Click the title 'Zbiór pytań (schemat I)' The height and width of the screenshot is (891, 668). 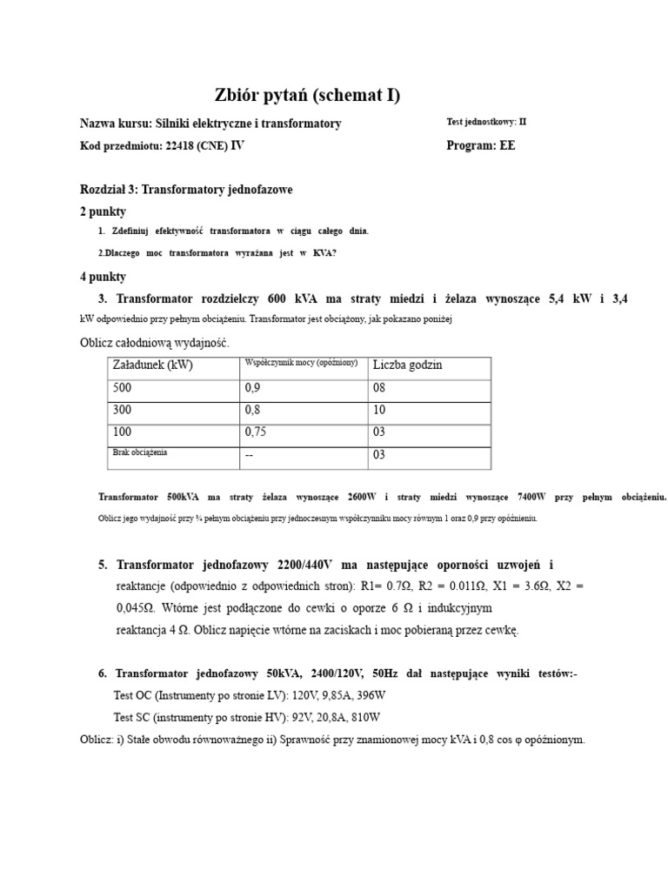(x=307, y=96)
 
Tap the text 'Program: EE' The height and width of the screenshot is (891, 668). (x=480, y=146)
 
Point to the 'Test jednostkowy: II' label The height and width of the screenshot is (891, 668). (x=485, y=123)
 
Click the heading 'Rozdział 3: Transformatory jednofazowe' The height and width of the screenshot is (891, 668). (x=186, y=190)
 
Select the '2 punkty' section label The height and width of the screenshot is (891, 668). (x=103, y=211)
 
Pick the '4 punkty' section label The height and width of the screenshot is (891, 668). (x=103, y=277)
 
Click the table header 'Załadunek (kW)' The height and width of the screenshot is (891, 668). (x=152, y=365)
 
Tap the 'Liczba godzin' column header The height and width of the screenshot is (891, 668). (x=407, y=365)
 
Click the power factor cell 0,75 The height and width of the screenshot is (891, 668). (x=257, y=432)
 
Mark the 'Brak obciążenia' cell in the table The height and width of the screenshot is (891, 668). (x=140, y=452)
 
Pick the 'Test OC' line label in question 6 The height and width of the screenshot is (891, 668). (x=131, y=696)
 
